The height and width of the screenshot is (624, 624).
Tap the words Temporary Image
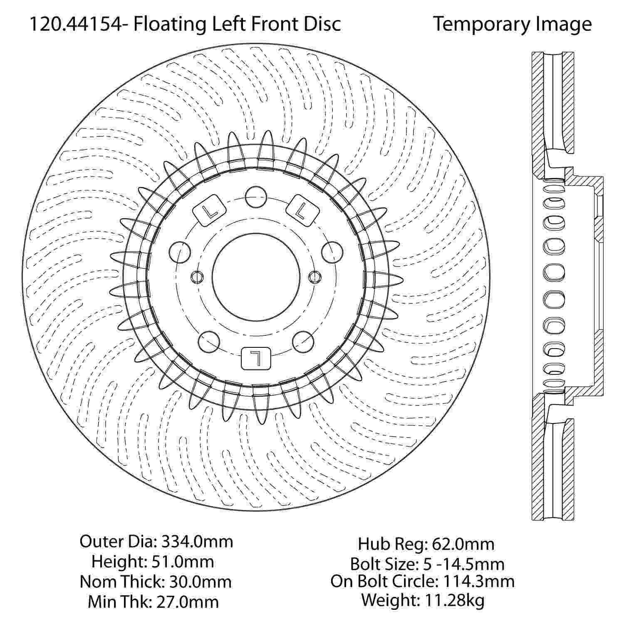[513, 24]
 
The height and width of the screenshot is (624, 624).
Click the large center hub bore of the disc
[256, 276]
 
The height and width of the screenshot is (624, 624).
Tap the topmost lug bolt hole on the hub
[255, 197]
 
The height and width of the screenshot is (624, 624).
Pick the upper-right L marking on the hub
[303, 210]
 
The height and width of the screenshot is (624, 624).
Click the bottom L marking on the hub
[256, 358]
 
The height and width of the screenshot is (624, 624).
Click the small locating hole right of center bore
[315, 276]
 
